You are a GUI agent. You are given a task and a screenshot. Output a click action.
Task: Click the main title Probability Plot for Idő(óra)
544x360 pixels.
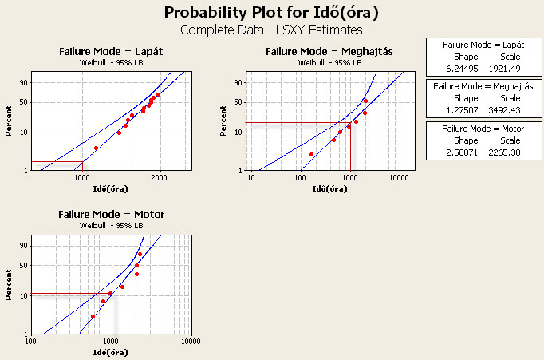point(271,13)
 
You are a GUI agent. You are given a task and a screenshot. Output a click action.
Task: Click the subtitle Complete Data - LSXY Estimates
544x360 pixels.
point(271,30)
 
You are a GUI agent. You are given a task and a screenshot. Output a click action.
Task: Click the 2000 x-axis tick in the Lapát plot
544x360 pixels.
point(160,178)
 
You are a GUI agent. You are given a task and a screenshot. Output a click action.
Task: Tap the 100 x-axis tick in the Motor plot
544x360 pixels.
point(32,341)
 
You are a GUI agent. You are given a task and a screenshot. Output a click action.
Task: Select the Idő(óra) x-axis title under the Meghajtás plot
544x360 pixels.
point(329,188)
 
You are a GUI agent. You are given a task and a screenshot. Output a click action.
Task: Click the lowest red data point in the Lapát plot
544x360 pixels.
point(96,148)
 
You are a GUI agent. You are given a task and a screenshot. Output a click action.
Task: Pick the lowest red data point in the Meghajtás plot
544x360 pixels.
point(311,154)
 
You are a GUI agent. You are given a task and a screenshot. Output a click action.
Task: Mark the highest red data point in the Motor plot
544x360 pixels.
point(140,255)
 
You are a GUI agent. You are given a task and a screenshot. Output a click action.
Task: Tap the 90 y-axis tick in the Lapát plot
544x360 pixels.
point(23,82)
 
